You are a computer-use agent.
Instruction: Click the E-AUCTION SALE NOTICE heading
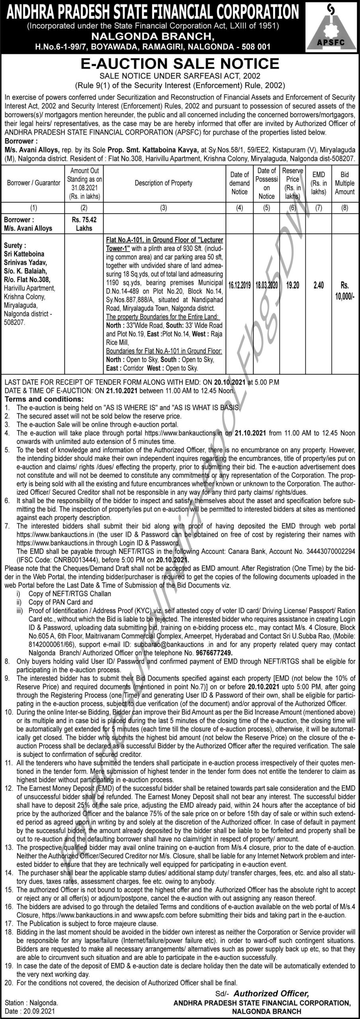tap(180, 64)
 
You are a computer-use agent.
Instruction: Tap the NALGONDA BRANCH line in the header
tap(154, 37)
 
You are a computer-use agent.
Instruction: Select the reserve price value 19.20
tap(293, 285)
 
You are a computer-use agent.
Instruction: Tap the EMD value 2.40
tap(319, 285)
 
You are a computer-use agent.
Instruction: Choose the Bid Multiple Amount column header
tap(344, 183)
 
